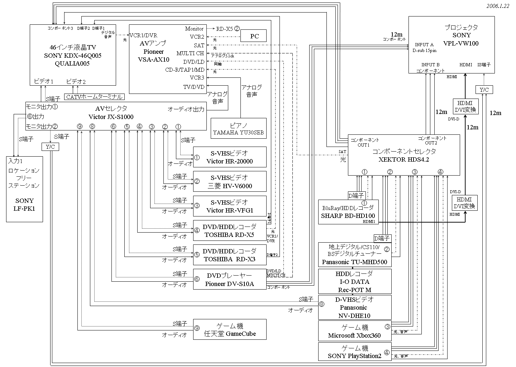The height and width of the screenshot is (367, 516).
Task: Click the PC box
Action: click(253, 36)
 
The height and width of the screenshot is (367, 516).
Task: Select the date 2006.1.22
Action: click(497, 6)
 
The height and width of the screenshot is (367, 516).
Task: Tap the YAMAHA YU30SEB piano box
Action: click(238, 128)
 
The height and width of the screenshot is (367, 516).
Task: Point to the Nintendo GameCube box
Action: click(230, 329)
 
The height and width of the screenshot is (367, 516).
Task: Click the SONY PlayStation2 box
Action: click(354, 352)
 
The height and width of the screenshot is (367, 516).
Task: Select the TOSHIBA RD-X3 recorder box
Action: click(230, 255)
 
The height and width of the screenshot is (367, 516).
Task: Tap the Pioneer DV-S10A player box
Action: click(230, 279)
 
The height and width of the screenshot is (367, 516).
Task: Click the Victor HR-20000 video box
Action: click(230, 157)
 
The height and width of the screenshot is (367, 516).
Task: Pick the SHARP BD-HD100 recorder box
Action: click(348, 212)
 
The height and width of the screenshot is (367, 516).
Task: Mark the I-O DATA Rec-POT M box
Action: click(354, 282)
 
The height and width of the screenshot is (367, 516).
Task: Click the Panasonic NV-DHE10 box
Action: click(354, 307)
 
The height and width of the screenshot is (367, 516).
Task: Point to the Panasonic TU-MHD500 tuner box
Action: click(354, 255)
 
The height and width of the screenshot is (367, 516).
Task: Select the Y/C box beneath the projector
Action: click(484, 90)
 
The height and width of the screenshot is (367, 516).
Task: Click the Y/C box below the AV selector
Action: click(50, 147)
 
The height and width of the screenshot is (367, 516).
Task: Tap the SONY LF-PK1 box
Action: click(24, 189)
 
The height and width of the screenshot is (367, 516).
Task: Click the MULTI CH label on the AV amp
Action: click(190, 53)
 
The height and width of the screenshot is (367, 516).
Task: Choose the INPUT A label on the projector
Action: click(424, 45)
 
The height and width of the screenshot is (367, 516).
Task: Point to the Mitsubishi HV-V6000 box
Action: click(230, 182)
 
